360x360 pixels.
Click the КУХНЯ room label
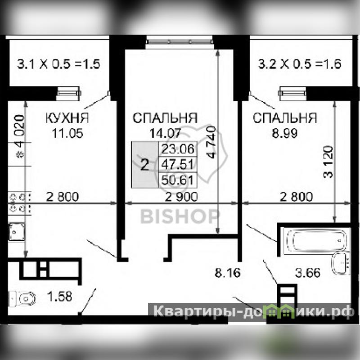[x=67, y=118]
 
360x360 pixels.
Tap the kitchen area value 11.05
[x=67, y=133]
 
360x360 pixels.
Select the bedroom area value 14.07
[x=165, y=133]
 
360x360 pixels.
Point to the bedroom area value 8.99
[x=285, y=133]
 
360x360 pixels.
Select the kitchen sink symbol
[x=17, y=232]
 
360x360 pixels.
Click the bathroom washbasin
[x=341, y=263]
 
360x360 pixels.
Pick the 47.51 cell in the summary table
[x=178, y=164]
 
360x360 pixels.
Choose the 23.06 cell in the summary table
[x=178, y=149]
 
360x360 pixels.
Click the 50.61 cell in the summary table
[x=178, y=180]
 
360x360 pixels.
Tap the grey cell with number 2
[x=145, y=165]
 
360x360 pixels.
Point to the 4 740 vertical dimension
[x=211, y=142]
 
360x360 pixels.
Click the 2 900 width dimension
[x=181, y=197]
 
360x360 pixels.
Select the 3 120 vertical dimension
[x=328, y=162]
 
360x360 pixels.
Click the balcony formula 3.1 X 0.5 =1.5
[x=59, y=64]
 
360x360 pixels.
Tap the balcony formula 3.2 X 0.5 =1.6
[x=300, y=64]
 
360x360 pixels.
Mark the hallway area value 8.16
[x=228, y=273]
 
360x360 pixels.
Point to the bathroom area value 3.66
[x=308, y=273]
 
